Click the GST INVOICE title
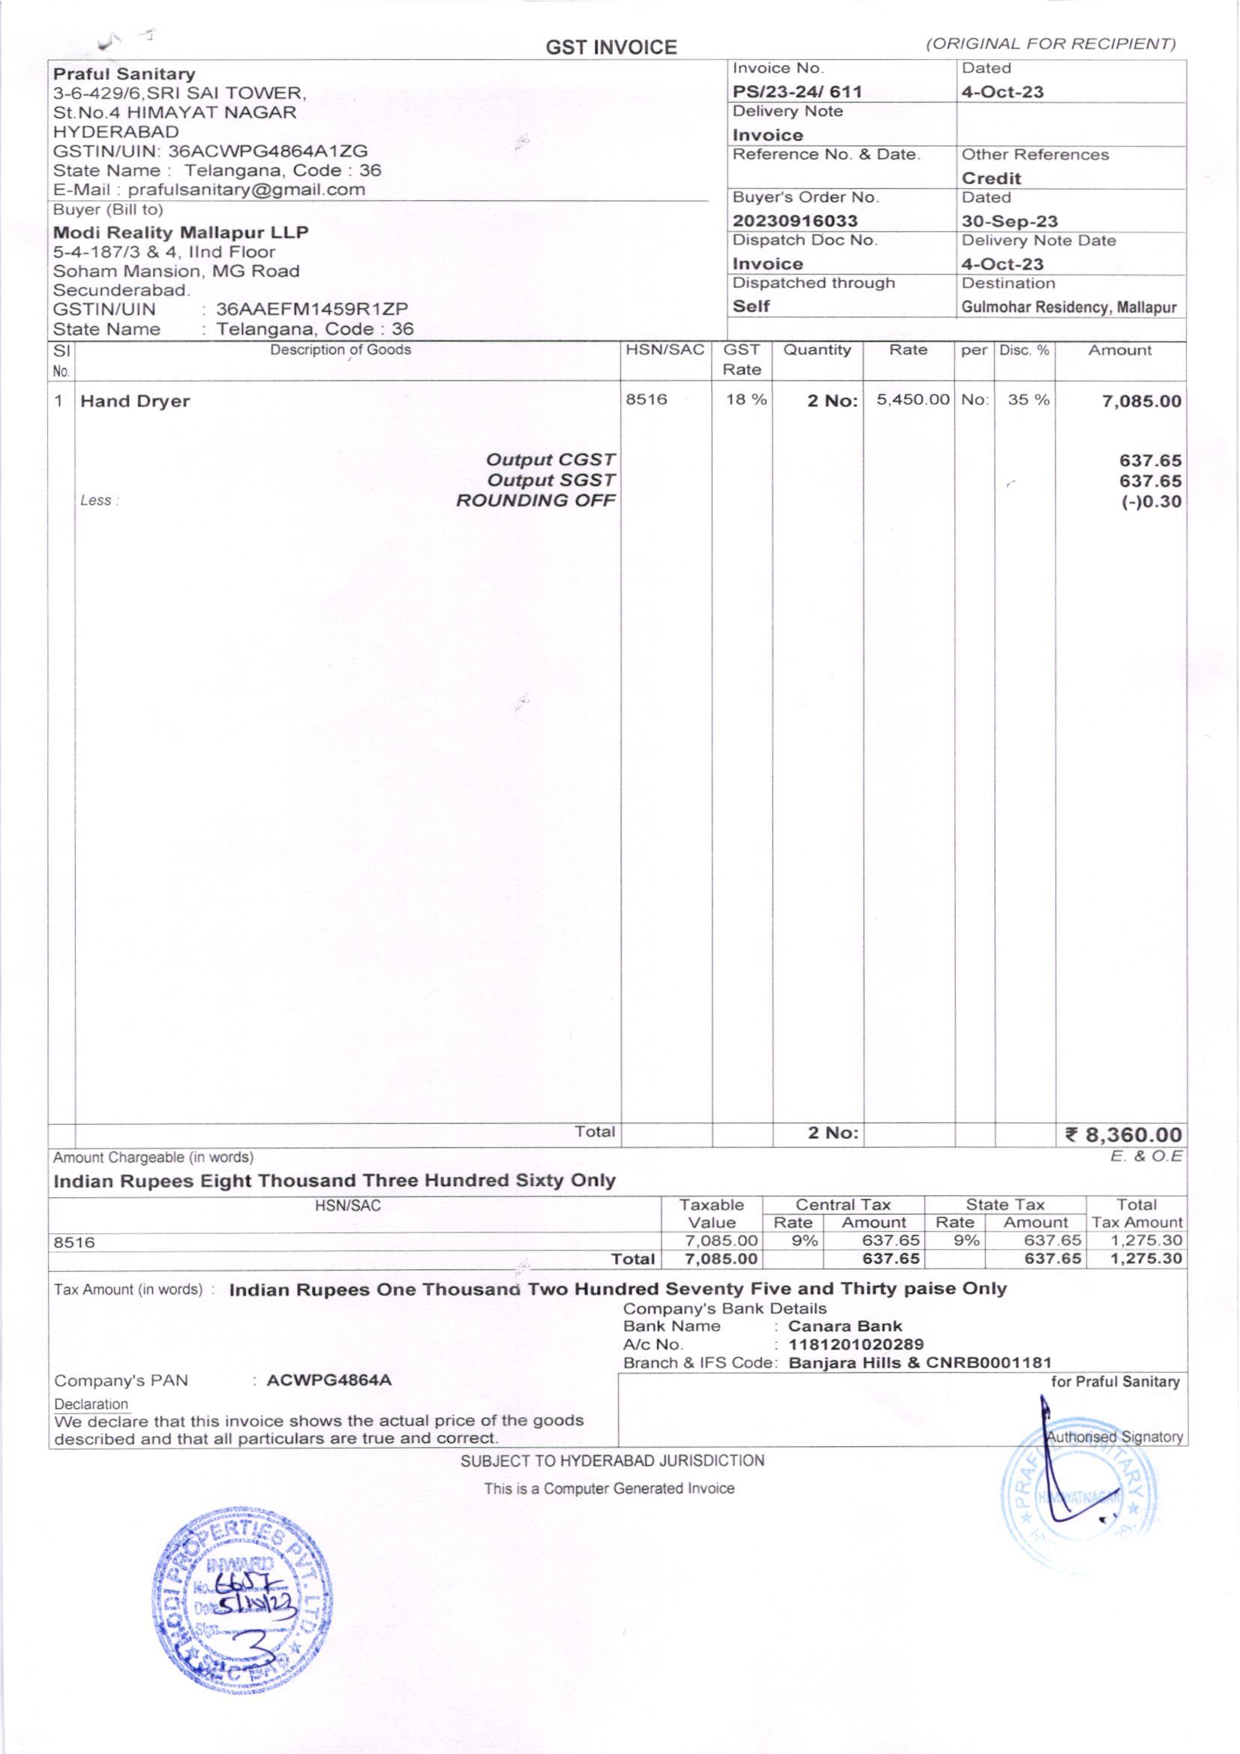pos(611,48)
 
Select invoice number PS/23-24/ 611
pos(797,92)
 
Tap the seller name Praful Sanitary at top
pos(124,74)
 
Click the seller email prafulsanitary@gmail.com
pos(246,190)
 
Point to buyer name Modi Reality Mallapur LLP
pos(181,233)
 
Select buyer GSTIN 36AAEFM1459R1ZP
pos(312,308)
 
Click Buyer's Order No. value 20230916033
pos(794,221)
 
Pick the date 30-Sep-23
pos(1009,221)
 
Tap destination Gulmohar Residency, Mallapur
pos(1069,307)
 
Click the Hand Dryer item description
pos(135,401)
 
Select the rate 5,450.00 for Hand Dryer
pos(912,400)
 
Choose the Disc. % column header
pos(1024,350)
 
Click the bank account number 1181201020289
pos(856,1344)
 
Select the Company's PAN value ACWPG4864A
pos(329,1380)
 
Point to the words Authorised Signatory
pos(1115,1436)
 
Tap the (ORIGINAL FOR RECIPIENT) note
pos(1049,44)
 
